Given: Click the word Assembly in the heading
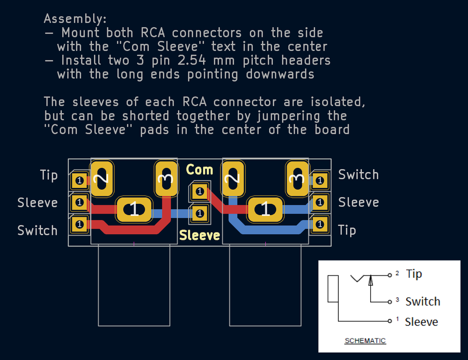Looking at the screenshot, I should tap(75, 19).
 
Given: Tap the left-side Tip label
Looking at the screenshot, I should tap(49, 175).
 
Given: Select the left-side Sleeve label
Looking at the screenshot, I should tap(37, 203).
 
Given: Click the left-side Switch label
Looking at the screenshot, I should tap(37, 230).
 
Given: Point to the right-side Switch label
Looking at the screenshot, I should tap(358, 175).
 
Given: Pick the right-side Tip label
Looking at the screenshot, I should tap(347, 230).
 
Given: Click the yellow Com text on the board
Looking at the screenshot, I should tap(199, 170).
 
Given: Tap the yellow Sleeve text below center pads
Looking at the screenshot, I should tap(200, 235).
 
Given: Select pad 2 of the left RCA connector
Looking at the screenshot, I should tap(102, 179).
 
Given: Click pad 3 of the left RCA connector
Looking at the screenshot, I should tap(166, 179).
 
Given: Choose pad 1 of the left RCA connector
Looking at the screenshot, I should tap(134, 209).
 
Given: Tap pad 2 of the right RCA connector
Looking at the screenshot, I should tap(233, 179).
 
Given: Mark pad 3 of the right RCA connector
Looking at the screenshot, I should tap(297, 179).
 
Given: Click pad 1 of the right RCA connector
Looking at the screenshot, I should tap(265, 209).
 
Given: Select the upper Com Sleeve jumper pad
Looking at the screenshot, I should tap(200, 191).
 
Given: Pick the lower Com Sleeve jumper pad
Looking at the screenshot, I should tap(200, 213).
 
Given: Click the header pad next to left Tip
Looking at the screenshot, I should tap(79, 180).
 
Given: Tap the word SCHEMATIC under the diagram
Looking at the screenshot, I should tap(365, 341).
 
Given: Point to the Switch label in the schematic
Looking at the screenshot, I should tap(423, 302).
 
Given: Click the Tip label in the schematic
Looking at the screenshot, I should tap(414, 274).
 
